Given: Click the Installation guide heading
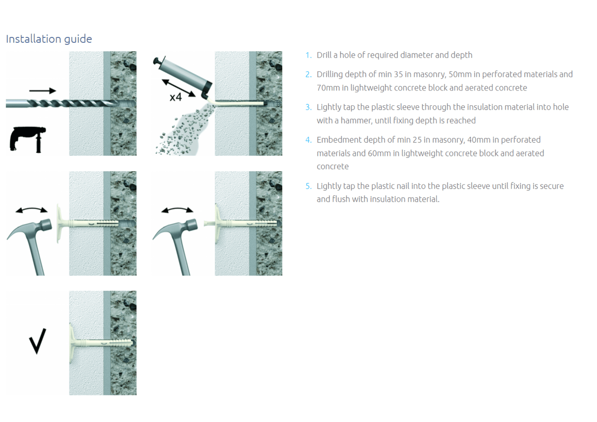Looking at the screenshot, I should [x=49, y=39].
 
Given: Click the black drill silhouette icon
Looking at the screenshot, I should [x=28, y=139].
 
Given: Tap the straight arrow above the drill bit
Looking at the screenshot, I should [x=43, y=90].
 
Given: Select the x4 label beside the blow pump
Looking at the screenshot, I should [x=176, y=97].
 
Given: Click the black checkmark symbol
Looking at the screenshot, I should [x=37, y=341].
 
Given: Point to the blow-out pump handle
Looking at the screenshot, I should [x=158, y=62].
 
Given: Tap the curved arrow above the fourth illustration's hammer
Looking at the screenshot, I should [x=177, y=210].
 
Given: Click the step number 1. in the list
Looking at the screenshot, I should [x=308, y=55].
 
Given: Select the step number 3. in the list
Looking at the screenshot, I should [x=308, y=107].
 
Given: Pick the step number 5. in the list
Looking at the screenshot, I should [x=308, y=186].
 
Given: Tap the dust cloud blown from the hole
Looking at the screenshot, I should [x=182, y=130].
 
